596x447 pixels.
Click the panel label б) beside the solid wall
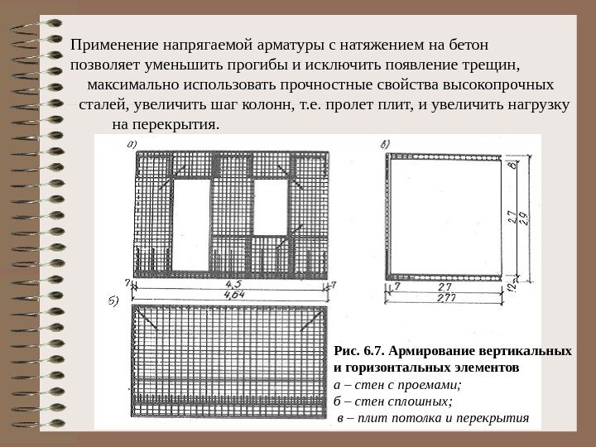pos(114,299)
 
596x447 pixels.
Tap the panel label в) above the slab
pos(386,144)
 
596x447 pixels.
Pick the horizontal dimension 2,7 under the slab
pos(447,284)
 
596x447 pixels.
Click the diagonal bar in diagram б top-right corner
pos(315,317)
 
